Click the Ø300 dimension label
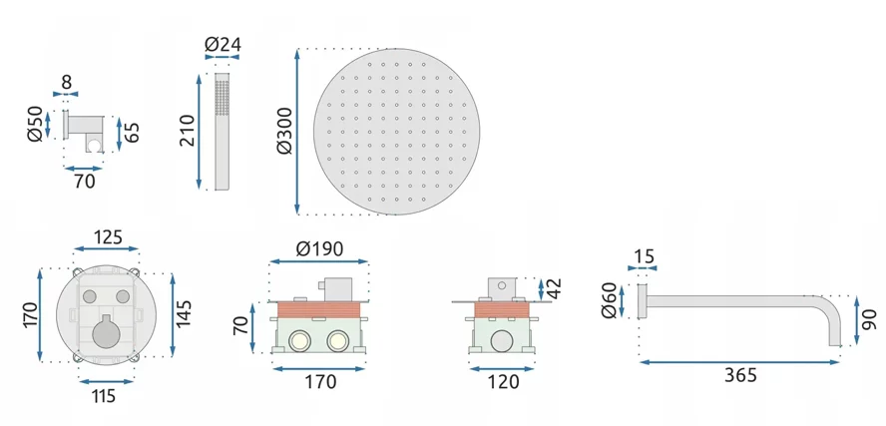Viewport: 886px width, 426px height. point(284,131)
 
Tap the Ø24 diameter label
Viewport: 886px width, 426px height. point(222,44)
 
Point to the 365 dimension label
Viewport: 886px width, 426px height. point(740,374)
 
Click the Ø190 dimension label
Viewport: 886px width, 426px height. point(320,248)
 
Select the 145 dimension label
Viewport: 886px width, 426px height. point(185,312)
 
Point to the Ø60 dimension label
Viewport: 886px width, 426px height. point(610,301)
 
